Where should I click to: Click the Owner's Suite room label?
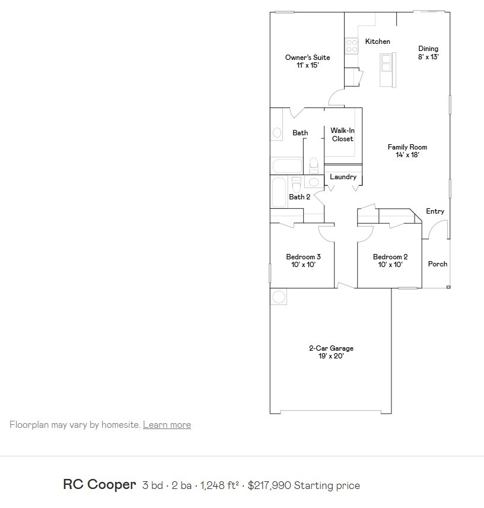(x=307, y=61)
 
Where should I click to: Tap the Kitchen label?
(x=377, y=42)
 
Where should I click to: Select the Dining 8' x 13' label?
(x=428, y=53)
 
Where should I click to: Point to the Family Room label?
(x=407, y=151)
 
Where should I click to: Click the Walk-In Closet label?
(x=342, y=134)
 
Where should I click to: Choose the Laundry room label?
(x=343, y=177)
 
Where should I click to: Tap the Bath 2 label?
(x=300, y=197)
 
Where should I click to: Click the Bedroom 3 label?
(x=303, y=261)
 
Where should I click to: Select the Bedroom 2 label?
(x=390, y=261)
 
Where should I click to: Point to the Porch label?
(x=438, y=264)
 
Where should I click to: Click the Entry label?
(x=435, y=211)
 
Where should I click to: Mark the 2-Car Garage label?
(x=331, y=352)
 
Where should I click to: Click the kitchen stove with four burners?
(x=352, y=46)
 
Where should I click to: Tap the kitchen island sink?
(x=387, y=61)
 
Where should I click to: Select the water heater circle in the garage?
(x=279, y=296)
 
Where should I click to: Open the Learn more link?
(x=167, y=425)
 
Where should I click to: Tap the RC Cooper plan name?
(x=100, y=485)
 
